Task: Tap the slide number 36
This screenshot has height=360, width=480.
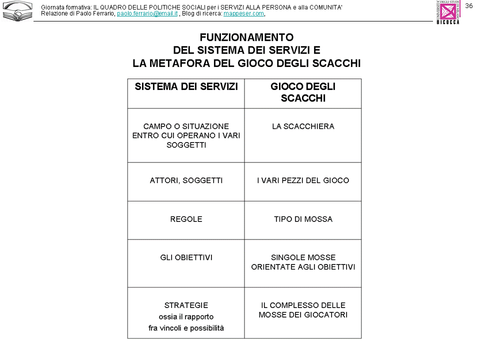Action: pos(468,5)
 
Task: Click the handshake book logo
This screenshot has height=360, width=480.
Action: pos(17,11)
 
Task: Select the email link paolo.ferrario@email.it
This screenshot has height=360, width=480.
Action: pos(147,13)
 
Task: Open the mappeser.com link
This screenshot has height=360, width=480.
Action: pos(243,13)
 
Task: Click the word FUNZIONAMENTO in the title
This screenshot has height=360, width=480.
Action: pos(246,37)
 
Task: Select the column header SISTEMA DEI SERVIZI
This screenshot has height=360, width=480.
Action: pos(186,86)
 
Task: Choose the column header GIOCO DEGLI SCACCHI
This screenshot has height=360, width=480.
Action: pos(303,92)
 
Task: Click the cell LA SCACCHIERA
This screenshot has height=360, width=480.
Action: pos(303,126)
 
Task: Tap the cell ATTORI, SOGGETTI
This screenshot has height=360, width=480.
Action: pos(186,180)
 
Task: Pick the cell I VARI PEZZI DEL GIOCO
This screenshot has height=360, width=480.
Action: pos(303,180)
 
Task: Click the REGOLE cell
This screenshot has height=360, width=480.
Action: pos(186,219)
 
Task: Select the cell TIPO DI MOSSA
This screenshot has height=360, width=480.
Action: pos(303,219)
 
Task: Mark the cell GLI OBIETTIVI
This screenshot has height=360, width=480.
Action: pos(186,257)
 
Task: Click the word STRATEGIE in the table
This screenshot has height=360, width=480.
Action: pos(186,305)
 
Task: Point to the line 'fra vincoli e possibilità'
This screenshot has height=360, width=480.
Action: pos(186,328)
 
